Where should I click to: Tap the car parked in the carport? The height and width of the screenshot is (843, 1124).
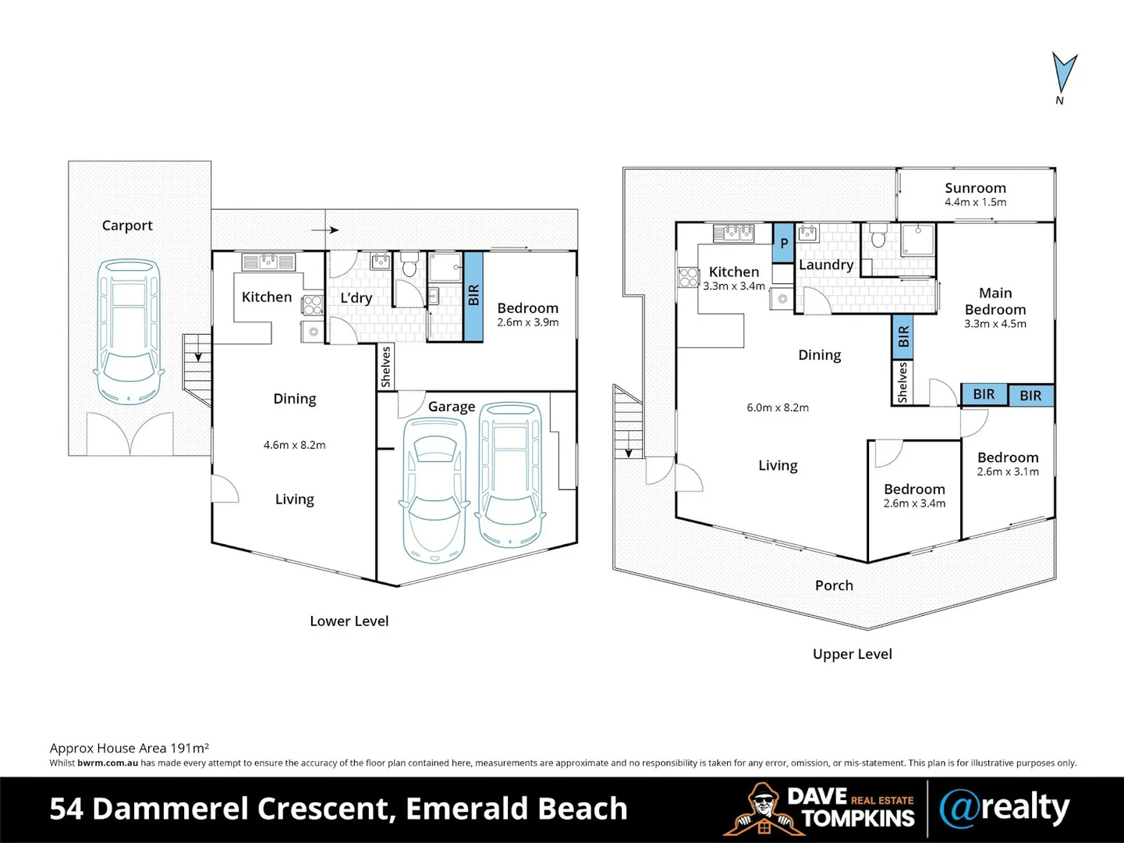click(x=129, y=331)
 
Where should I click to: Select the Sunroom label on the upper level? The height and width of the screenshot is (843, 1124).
click(x=975, y=188)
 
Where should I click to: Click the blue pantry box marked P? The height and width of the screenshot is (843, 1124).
click(x=783, y=244)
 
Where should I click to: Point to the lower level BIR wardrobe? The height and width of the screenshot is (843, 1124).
click(x=473, y=296)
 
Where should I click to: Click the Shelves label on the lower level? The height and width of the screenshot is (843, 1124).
click(x=385, y=367)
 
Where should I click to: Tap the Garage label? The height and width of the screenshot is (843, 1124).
click(x=451, y=407)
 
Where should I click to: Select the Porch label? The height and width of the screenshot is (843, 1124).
click(x=834, y=585)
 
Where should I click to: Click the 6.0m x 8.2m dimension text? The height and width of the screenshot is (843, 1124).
click(x=778, y=407)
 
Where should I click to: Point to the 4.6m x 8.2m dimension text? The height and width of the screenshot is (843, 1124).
click(x=294, y=445)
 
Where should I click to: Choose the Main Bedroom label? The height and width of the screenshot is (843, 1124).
click(x=995, y=301)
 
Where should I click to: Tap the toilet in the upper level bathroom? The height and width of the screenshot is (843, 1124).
click(x=878, y=236)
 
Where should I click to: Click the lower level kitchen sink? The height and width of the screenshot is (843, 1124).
click(x=268, y=261)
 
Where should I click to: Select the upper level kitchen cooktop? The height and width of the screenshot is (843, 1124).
click(x=688, y=276)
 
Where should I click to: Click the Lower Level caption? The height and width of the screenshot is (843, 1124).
click(x=349, y=621)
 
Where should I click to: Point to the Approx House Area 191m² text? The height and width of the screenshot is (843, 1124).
click(x=129, y=748)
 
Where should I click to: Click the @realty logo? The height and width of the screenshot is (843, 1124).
click(x=1004, y=809)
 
